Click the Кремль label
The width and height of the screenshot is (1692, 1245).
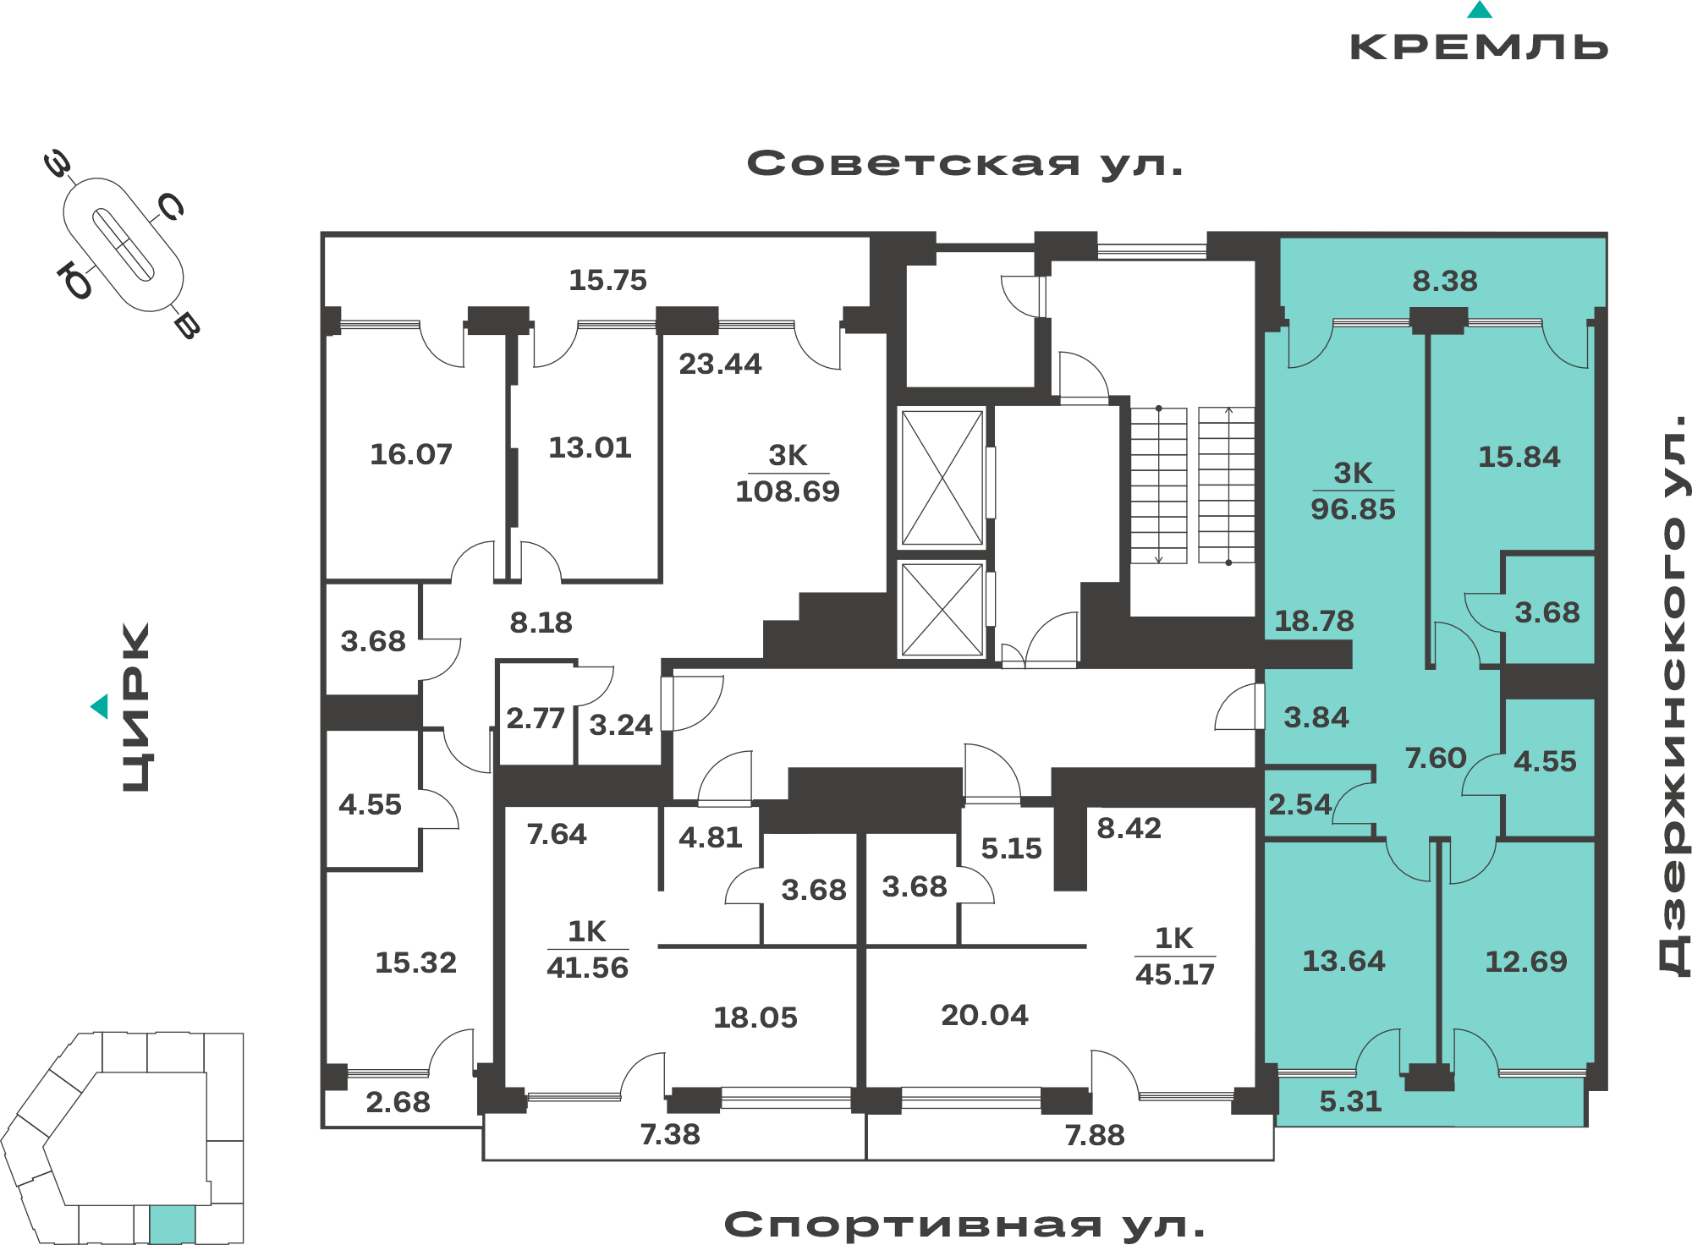point(1479,47)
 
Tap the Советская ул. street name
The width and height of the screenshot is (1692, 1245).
point(964,163)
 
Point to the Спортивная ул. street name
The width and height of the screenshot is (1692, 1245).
point(964,1225)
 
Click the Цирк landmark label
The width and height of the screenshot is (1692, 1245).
point(136,707)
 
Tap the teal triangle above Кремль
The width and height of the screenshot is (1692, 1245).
point(1480,9)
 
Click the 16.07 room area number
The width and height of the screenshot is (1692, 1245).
point(411,454)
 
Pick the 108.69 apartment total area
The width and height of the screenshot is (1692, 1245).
point(788,491)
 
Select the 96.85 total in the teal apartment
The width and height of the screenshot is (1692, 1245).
point(1353,509)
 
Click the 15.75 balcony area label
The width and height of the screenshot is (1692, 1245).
point(607,280)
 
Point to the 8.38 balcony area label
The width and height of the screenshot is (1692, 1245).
point(1445,281)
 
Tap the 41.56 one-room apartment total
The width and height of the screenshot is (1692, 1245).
point(587,968)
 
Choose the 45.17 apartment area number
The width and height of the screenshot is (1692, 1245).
point(1175,974)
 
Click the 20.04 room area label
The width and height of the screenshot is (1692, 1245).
point(985,1015)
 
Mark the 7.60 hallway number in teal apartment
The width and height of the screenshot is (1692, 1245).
point(1436,758)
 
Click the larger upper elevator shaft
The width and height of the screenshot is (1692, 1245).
point(942,478)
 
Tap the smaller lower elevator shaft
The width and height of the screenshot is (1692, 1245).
point(942,610)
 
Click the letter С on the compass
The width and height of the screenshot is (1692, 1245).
point(171,206)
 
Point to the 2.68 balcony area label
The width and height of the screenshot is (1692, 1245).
point(398,1102)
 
